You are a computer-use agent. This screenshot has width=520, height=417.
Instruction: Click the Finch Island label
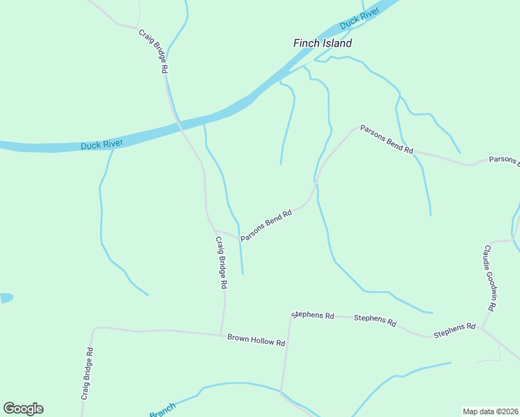(x=322, y=43)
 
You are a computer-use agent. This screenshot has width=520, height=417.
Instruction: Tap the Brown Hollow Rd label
(x=257, y=341)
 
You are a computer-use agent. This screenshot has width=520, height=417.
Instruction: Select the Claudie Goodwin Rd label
(x=490, y=277)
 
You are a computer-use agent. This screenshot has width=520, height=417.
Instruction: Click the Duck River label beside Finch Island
(x=359, y=21)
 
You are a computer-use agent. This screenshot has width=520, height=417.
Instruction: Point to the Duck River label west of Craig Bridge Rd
(x=101, y=145)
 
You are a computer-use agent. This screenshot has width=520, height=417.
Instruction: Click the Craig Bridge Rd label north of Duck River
(x=153, y=51)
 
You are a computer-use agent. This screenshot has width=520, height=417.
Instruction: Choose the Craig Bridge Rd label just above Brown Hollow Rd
(x=221, y=263)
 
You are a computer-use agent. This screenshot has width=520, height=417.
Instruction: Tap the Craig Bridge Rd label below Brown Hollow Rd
(x=87, y=373)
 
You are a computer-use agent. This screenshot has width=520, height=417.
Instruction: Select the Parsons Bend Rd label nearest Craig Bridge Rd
(x=266, y=226)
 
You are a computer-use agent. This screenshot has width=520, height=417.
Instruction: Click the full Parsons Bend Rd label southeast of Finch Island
(x=387, y=140)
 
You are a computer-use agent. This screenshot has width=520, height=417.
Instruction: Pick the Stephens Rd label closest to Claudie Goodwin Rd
(x=454, y=331)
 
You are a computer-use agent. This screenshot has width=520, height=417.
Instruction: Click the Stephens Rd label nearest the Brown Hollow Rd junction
(x=313, y=315)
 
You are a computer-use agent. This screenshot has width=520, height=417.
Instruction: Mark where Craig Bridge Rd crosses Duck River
(x=178, y=122)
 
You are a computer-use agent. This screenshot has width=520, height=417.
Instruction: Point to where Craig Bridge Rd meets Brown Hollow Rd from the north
(x=221, y=334)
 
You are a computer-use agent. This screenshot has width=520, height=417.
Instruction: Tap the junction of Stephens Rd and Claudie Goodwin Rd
(x=482, y=327)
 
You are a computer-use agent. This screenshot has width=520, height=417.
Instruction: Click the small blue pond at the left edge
(x=5, y=297)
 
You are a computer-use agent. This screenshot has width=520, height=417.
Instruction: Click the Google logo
(x=23, y=409)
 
